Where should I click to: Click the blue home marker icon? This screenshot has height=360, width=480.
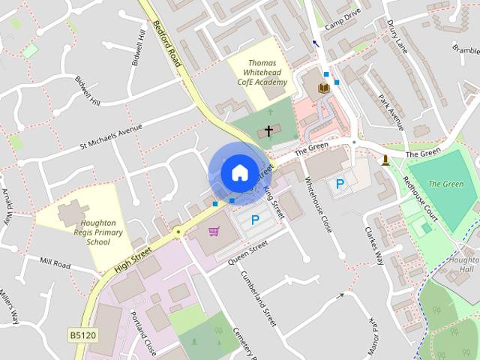coord(239,172)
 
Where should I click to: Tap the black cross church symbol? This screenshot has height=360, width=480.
coord(268,131)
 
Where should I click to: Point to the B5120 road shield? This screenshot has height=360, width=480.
coord(82,334)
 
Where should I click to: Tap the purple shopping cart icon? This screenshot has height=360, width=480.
coord(214,231)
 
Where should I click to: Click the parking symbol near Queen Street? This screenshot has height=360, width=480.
coord(255,220)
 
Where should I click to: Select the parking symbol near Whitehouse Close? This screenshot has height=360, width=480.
coord(340,183)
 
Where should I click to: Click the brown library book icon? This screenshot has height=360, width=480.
coord(323,88)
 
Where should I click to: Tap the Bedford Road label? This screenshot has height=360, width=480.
coord(166,43)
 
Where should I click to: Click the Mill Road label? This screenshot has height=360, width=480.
coord(55,265)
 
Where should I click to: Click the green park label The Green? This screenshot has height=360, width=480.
coord(445,184)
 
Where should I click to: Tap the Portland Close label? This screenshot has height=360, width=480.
coord(143,334)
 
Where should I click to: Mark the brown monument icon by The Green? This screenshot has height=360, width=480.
coord(385,160)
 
